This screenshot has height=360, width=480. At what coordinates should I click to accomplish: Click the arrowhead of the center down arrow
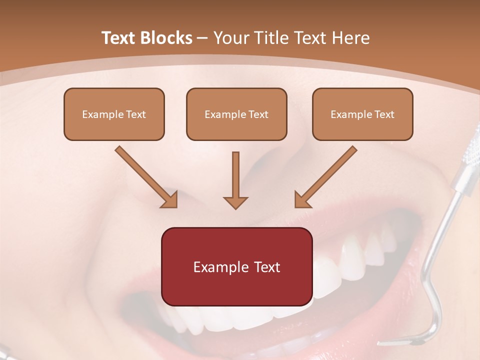(235, 202)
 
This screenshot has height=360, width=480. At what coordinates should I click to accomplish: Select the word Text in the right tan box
(384, 114)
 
